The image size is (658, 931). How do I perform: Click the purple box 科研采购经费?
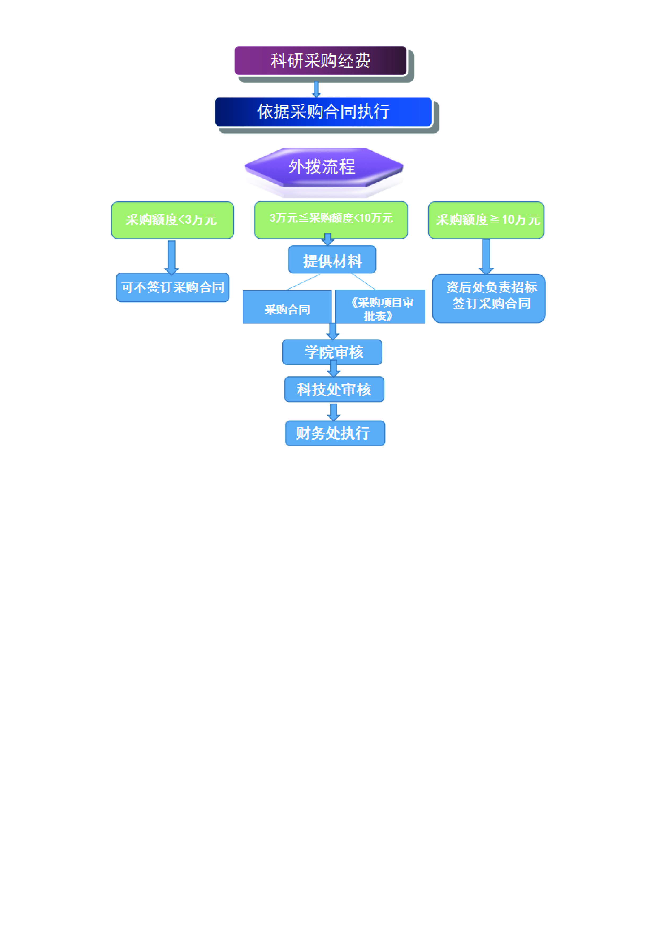(320, 61)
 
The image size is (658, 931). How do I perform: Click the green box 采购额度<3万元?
(172, 220)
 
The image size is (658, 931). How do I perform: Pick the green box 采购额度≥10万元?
(486, 220)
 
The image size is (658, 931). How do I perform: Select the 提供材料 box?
(332, 260)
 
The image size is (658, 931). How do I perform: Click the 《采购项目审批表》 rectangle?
(380, 307)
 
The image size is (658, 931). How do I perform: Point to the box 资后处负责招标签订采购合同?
(489, 299)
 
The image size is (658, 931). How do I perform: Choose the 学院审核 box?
(332, 352)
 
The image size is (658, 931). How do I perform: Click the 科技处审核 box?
(334, 389)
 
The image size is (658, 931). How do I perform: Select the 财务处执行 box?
(335, 433)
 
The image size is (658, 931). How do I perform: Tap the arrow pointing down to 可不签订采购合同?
(171, 257)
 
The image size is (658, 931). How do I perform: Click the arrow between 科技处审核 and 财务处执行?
(333, 412)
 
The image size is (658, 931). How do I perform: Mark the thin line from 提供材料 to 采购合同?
(303, 282)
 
